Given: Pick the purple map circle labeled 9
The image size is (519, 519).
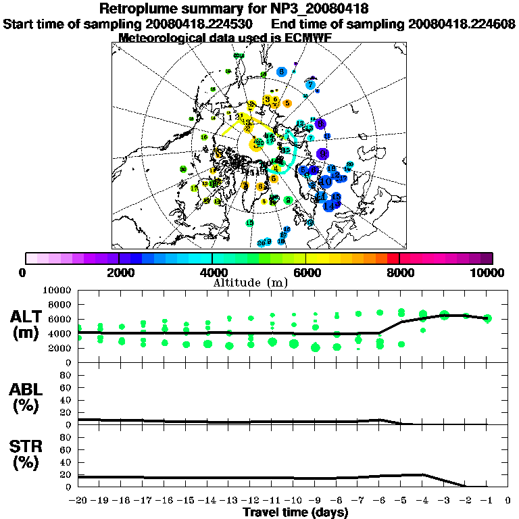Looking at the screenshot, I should (x=320, y=124).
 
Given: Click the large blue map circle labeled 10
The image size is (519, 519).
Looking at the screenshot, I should (x=326, y=181).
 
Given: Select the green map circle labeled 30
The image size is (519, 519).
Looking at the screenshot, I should (x=183, y=169).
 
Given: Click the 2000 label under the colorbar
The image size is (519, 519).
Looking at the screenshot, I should (x=119, y=272).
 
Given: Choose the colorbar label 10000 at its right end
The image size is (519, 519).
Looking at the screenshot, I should (x=489, y=272).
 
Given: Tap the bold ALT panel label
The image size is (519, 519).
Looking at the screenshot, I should (x=28, y=317).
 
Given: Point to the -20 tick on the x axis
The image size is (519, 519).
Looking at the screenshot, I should (x=78, y=500).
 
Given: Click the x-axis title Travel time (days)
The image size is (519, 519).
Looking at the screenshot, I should (x=295, y=512).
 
